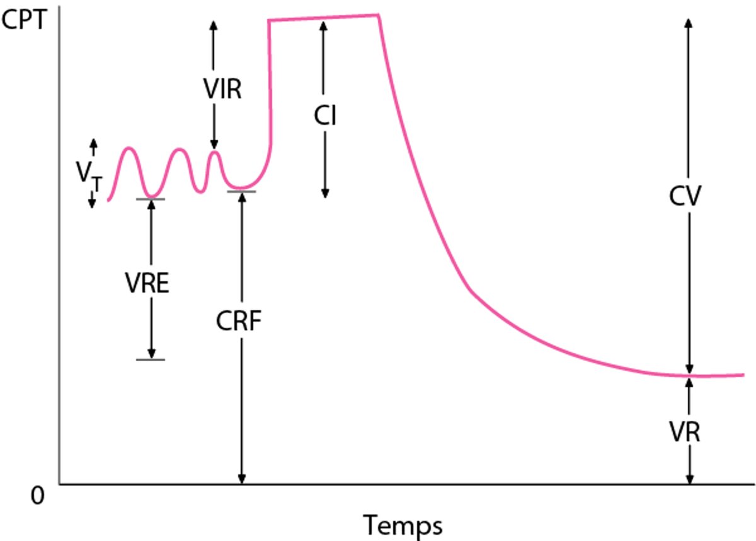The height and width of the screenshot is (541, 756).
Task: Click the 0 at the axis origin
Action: (x=37, y=496)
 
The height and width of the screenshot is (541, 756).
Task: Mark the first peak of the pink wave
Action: (x=129, y=149)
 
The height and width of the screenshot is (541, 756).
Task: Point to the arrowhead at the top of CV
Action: (x=689, y=21)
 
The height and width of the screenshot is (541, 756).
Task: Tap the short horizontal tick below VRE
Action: (x=151, y=359)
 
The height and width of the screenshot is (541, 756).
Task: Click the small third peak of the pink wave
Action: (x=215, y=152)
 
